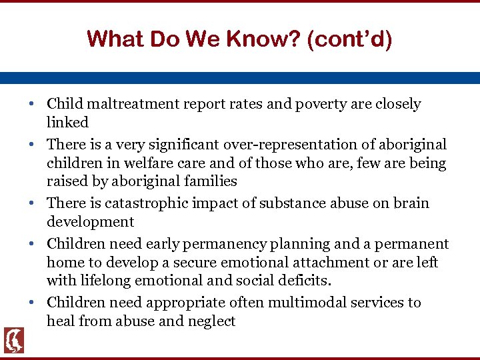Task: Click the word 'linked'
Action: [x=67, y=122]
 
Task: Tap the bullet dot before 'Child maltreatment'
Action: [x=32, y=105]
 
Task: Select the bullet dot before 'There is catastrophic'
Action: [x=32, y=204]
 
